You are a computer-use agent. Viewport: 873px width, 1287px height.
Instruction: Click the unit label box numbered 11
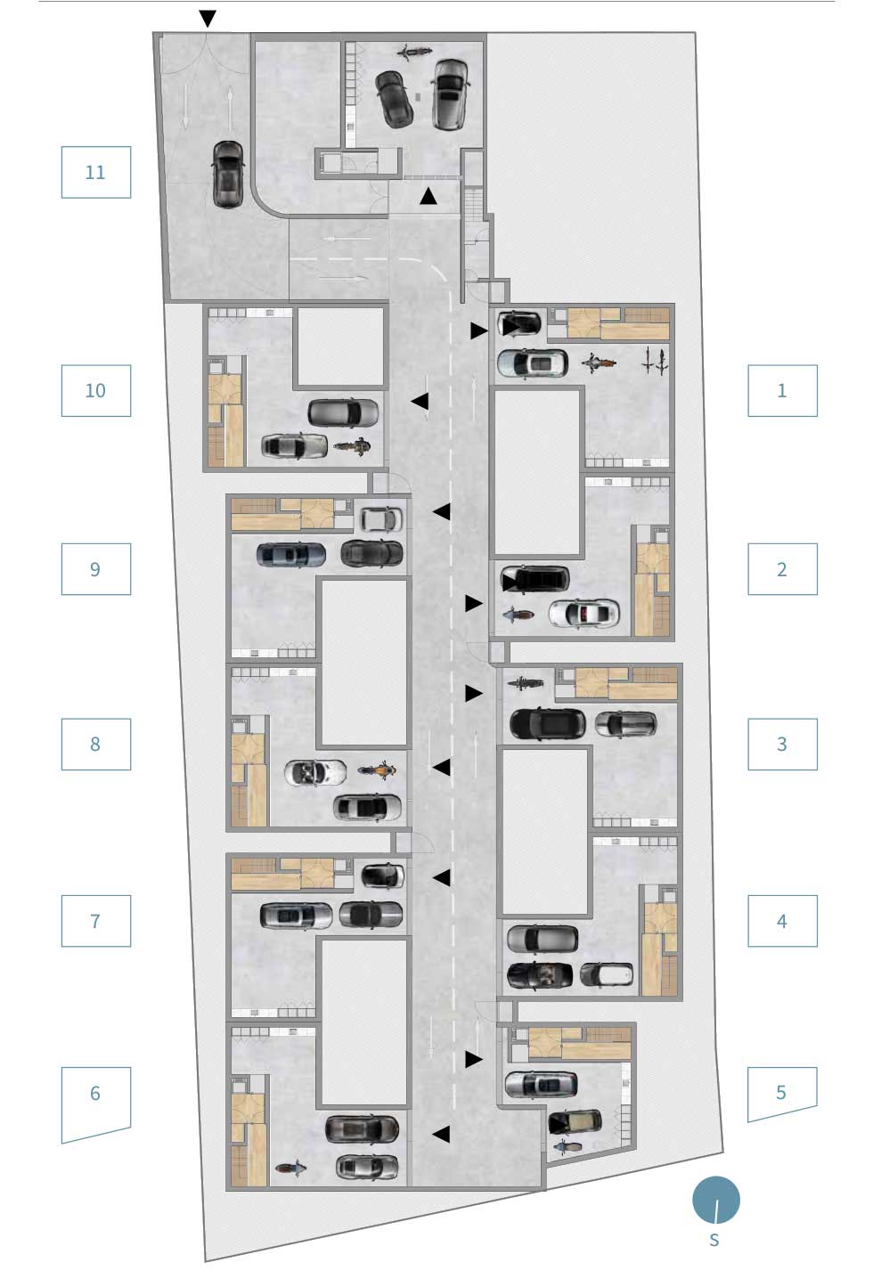point(96,173)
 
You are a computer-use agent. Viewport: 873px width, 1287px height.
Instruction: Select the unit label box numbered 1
point(782,391)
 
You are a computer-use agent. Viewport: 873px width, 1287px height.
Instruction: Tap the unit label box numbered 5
point(782,1094)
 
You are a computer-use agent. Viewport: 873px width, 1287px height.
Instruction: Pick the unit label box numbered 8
point(96,744)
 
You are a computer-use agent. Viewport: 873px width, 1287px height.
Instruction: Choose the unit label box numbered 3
point(782,744)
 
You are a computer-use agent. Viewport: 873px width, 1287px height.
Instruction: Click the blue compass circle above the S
point(715,1200)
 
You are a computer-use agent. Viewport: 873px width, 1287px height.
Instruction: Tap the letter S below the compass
point(714,1240)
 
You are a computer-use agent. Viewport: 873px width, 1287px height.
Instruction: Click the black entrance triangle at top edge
point(208,19)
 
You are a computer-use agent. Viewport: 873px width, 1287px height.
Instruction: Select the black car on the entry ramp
point(227,174)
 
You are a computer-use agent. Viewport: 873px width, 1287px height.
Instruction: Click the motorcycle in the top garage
point(414,52)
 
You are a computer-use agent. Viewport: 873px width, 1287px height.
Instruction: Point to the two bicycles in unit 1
point(655,360)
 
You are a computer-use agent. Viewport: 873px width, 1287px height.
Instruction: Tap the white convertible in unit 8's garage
point(315,773)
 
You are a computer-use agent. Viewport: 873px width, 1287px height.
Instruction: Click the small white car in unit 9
point(380,519)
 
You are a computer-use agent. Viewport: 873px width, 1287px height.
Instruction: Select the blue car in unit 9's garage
point(290,555)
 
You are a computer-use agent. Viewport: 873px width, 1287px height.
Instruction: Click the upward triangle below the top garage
point(428,197)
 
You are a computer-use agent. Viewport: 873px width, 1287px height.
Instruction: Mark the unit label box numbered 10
point(96,391)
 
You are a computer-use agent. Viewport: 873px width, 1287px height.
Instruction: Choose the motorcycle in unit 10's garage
point(352,446)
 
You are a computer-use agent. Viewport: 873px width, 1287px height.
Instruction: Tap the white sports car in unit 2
point(583,613)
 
